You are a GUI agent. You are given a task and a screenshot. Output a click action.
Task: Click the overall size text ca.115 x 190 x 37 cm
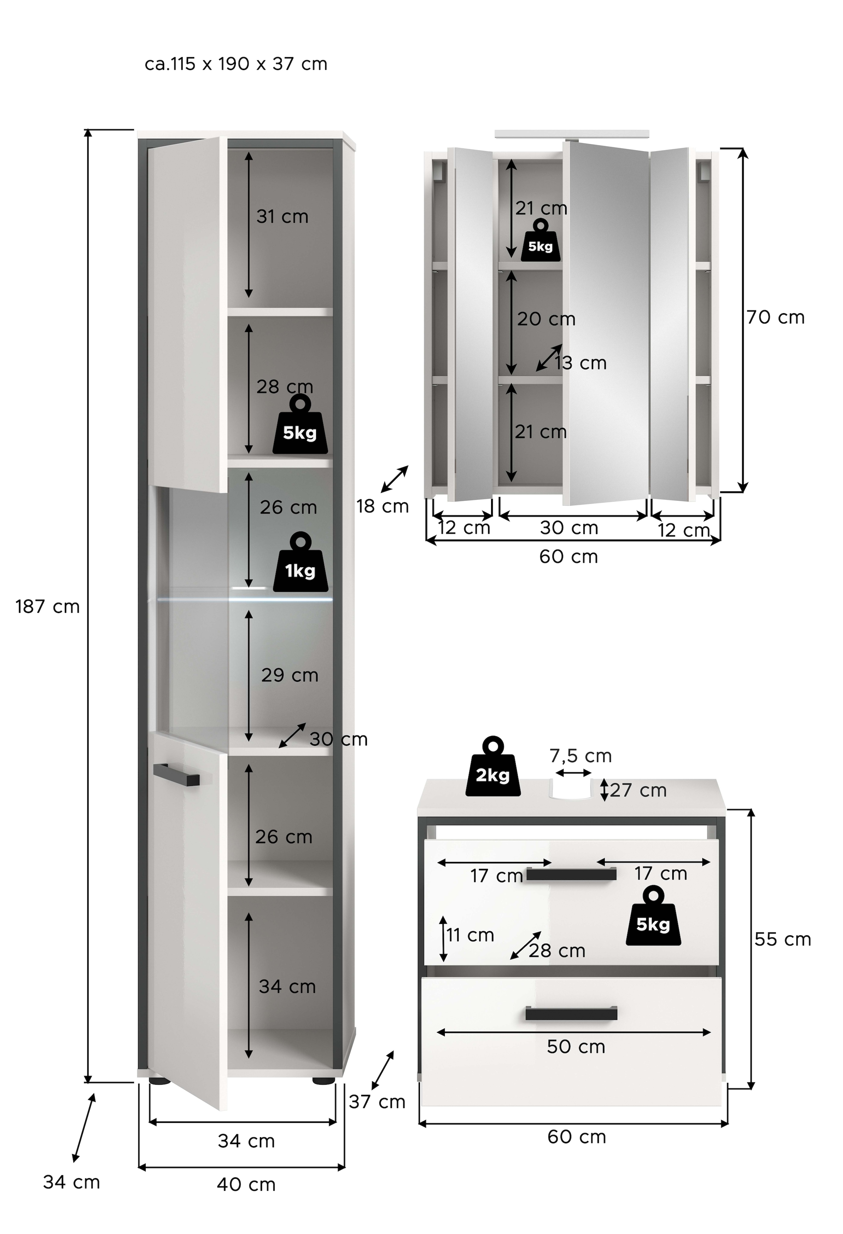pos(236,64)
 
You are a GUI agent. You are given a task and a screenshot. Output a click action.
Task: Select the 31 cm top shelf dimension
pos(282,217)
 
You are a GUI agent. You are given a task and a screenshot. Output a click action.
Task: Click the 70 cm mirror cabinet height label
pos(775,317)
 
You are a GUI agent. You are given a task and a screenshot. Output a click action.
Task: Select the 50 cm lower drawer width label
pos(576,1047)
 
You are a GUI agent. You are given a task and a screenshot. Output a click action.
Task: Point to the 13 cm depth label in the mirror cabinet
pos(580,363)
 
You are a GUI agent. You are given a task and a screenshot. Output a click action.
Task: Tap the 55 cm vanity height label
pos(782,939)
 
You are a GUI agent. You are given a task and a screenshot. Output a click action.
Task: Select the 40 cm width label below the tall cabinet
pos(246,1185)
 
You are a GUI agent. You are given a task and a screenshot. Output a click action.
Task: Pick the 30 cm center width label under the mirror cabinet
pos(569,528)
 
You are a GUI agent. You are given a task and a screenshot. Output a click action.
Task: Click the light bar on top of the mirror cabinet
pos(571,134)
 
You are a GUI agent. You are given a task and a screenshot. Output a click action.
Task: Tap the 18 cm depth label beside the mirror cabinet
pos(382,507)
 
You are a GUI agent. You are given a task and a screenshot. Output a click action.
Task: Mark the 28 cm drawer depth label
pos(556,951)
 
